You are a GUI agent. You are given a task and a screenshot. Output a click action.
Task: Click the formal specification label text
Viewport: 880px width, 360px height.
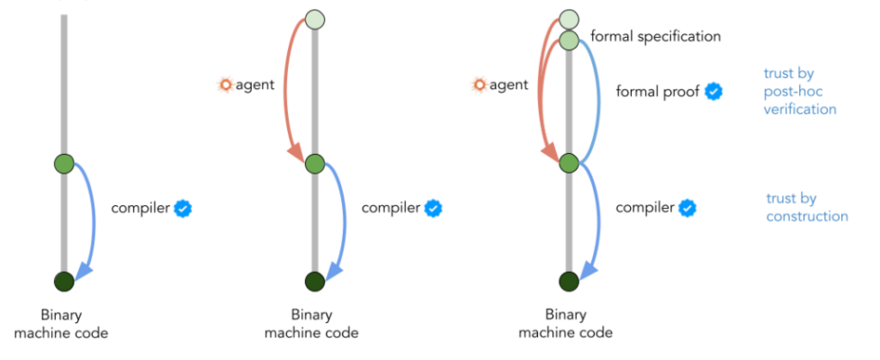point(655,37)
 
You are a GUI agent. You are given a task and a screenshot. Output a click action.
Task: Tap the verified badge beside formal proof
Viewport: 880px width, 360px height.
point(714,91)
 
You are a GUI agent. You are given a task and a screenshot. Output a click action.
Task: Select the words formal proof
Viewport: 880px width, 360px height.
point(658,91)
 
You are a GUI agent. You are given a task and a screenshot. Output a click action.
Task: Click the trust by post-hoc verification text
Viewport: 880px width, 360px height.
point(800,91)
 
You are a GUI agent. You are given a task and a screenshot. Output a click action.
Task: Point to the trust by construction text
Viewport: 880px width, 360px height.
point(806,207)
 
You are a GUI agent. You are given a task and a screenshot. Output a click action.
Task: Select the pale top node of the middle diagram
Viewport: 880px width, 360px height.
point(314,19)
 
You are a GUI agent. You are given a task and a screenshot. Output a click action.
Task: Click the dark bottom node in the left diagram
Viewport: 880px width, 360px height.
point(63,281)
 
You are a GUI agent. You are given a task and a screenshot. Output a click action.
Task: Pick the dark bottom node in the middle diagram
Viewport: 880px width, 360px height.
point(314,281)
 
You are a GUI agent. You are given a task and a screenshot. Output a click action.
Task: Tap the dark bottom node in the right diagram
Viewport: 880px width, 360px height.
point(568,281)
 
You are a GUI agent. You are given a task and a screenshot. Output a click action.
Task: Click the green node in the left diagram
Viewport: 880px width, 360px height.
point(63,164)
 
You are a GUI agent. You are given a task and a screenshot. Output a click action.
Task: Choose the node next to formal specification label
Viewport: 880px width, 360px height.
point(568,40)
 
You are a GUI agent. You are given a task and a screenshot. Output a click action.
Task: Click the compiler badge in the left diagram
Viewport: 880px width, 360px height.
point(184,209)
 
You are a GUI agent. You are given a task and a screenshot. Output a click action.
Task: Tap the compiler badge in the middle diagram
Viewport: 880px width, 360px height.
point(434,209)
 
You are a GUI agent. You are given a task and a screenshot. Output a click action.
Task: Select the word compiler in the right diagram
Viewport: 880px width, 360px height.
point(645,208)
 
